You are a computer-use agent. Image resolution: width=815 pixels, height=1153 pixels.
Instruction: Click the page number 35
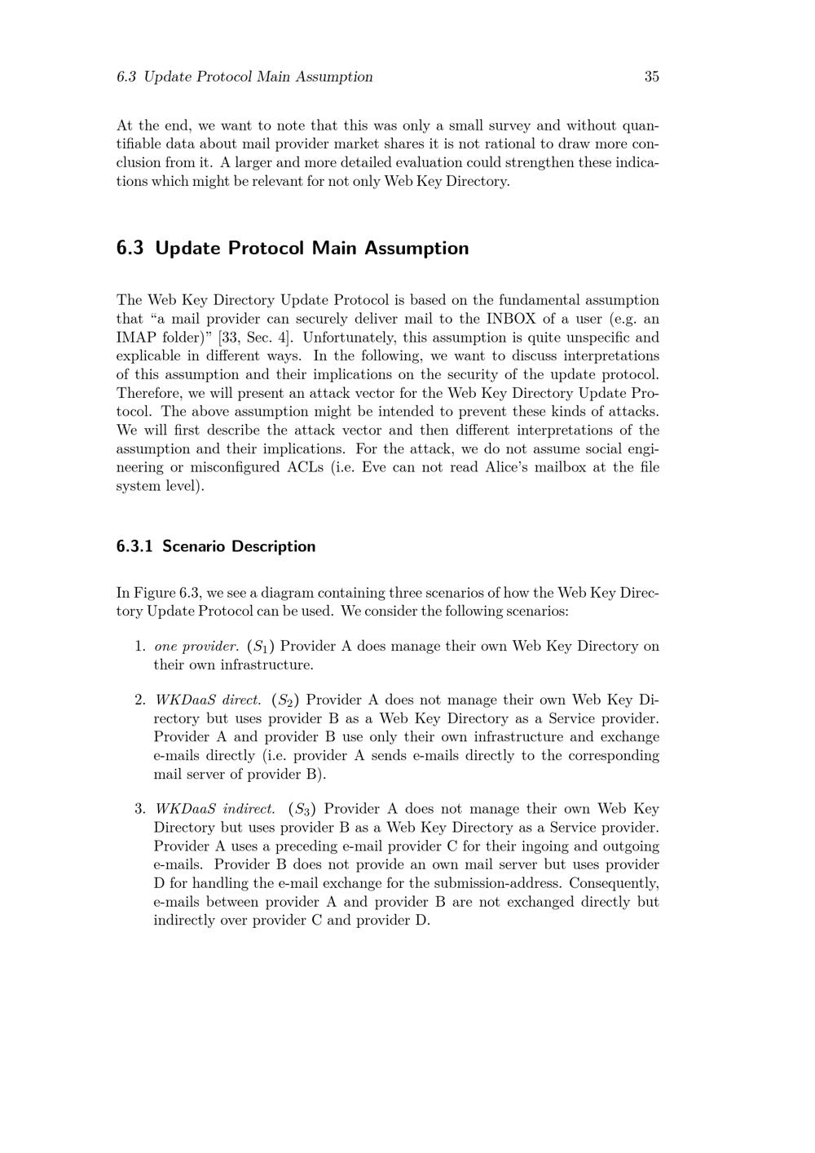651,77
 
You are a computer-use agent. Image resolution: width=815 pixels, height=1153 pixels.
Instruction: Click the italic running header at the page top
244,77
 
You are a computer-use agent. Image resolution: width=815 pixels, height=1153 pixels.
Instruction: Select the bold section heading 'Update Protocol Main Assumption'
311,248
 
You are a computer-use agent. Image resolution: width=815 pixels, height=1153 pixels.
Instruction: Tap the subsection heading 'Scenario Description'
238,546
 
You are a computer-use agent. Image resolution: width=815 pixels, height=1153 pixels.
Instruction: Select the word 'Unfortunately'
348,338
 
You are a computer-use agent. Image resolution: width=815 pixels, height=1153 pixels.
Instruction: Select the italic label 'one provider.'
196,647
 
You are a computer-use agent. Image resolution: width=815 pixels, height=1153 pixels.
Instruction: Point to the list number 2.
139,700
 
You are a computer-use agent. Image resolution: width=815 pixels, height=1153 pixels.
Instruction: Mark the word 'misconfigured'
233,467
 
